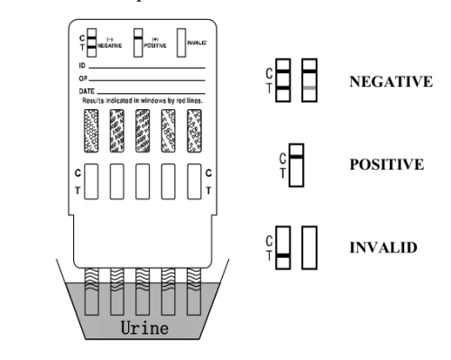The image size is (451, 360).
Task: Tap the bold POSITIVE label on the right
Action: pyautogui.click(x=386, y=167)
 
